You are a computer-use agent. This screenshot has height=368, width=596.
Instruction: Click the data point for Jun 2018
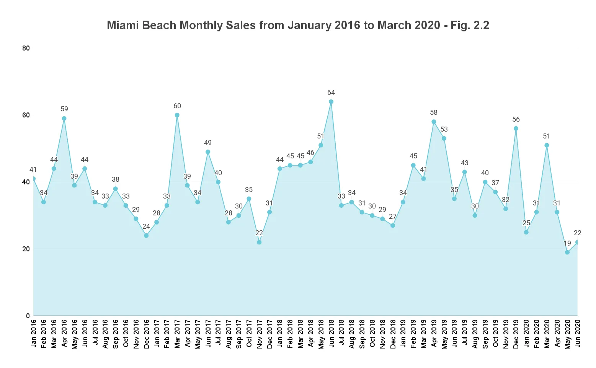coord(331,102)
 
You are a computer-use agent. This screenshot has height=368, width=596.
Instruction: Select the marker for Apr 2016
coord(64,119)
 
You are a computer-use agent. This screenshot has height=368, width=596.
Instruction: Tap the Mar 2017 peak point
coord(177,115)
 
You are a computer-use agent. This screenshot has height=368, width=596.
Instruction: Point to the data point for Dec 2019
coord(516,129)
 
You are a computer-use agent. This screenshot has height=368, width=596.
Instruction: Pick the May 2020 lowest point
coord(567,252)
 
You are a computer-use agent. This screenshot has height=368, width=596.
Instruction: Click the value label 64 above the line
coord(331,93)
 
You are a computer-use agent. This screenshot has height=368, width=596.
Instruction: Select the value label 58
coord(434,112)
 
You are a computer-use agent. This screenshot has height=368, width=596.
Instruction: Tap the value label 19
coord(567,243)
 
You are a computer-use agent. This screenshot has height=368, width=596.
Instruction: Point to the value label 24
coord(146,226)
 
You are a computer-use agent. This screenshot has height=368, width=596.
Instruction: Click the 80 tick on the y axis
coord(26,48)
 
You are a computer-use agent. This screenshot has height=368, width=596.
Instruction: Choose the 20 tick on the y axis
coord(26,249)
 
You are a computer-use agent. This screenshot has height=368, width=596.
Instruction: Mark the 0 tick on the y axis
coord(28,316)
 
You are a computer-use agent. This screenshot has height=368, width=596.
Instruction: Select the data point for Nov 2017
coord(259,242)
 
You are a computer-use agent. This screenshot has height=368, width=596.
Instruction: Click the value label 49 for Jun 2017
coord(208,143)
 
